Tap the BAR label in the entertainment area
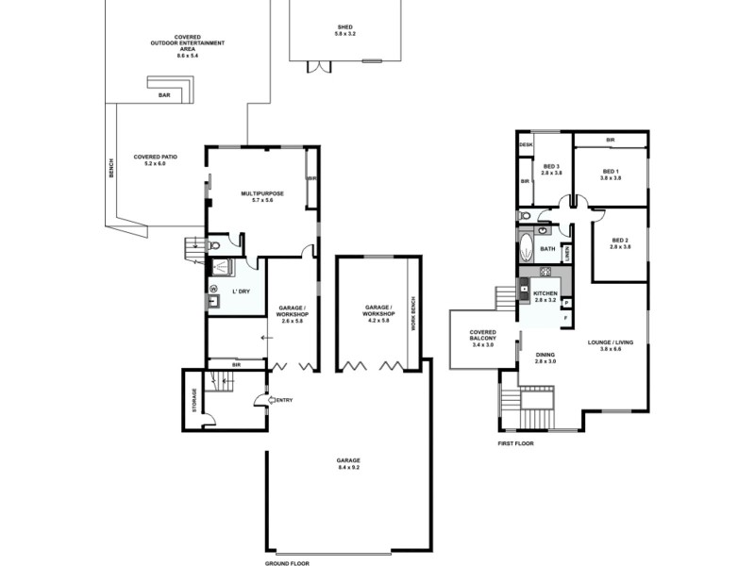pyautogui.click(x=163, y=95)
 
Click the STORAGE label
pyautogui.click(x=195, y=400)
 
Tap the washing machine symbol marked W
pyautogui.click(x=213, y=289)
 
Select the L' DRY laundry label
pyautogui.click(x=240, y=291)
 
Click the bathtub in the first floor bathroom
pyautogui.click(x=526, y=251)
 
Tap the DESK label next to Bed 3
pyautogui.click(x=526, y=144)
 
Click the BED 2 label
pyautogui.click(x=620, y=242)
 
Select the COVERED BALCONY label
pyautogui.click(x=482, y=338)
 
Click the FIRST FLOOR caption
pyautogui.click(x=516, y=442)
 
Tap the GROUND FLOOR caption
pyautogui.click(x=287, y=562)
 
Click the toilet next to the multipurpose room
pyautogui.click(x=215, y=246)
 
